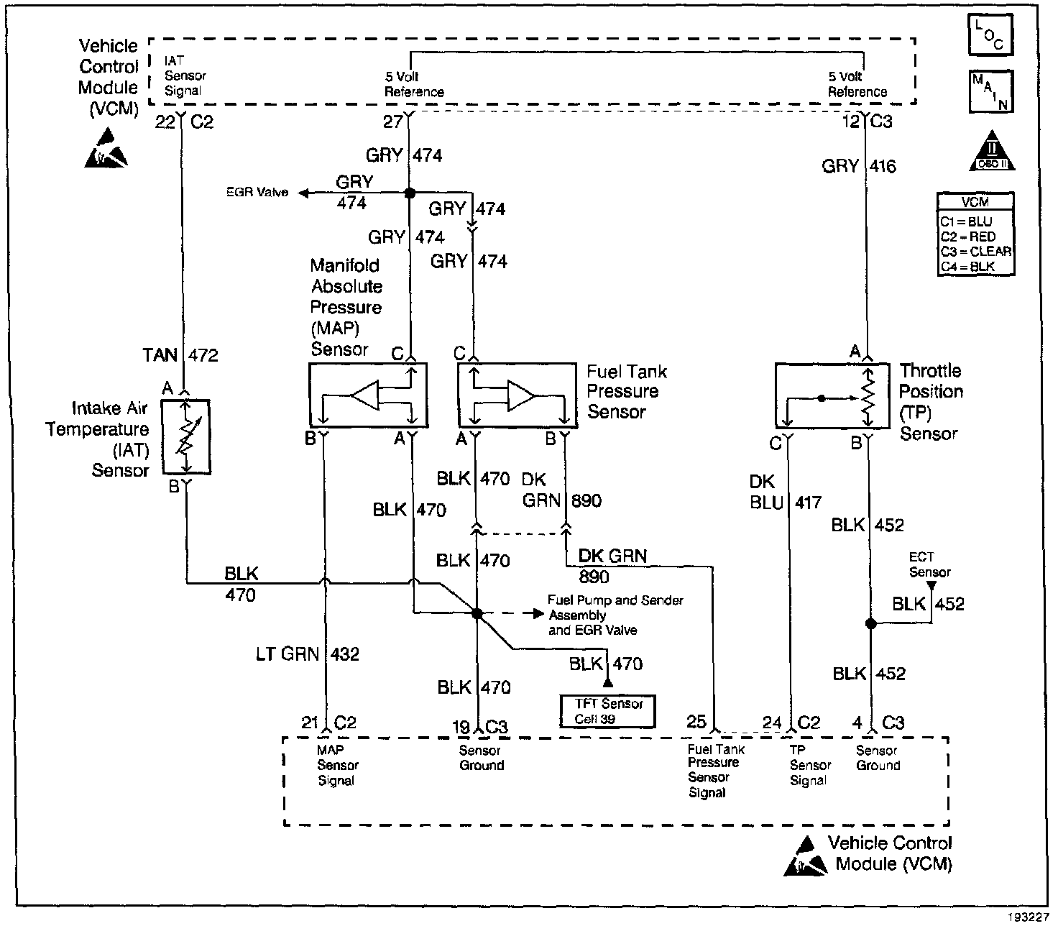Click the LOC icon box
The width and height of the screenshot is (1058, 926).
990,35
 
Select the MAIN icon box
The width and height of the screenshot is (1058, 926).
990,91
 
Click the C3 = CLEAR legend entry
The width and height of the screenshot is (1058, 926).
975,252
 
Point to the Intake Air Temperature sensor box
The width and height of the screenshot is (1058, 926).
185,436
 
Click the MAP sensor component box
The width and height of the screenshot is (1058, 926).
367,395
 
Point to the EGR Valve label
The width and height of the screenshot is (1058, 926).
257,193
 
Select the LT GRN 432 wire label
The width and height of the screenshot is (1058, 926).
307,654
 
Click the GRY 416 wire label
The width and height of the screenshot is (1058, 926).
859,166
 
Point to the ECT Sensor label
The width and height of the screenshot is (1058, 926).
929,565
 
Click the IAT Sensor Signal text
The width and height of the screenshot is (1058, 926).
185,76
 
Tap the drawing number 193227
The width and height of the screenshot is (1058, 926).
1028,919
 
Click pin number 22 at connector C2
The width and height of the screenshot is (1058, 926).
165,122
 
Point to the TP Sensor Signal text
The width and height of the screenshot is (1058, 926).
810,765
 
